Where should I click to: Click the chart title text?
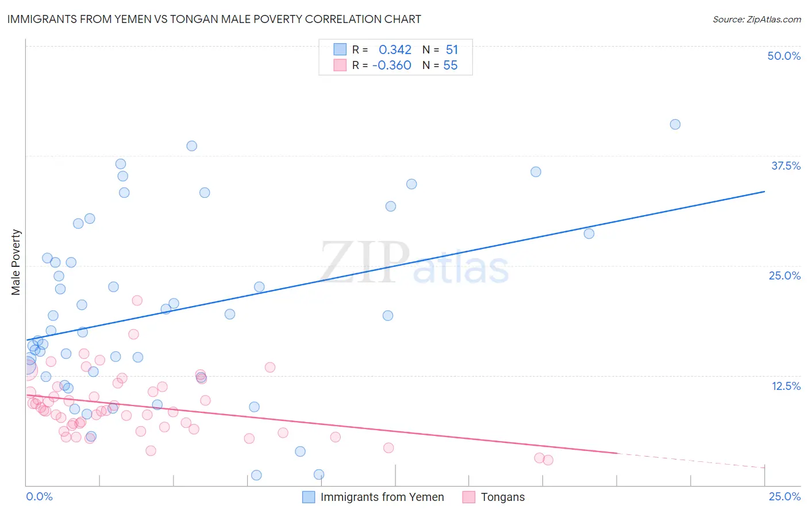pyautogui.click(x=214, y=19)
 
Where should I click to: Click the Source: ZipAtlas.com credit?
pyautogui.click(x=756, y=19)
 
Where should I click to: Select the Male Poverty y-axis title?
pyautogui.click(x=16, y=262)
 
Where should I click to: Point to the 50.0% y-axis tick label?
pyautogui.click(x=784, y=56)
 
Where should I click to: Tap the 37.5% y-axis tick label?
pyautogui.click(x=786, y=166)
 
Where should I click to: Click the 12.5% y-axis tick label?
pyautogui.click(x=786, y=386)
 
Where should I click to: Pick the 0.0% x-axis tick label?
pyautogui.click(x=39, y=496)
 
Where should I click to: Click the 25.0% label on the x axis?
pyautogui.click(x=784, y=496)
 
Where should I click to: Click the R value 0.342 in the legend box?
pyautogui.click(x=395, y=50)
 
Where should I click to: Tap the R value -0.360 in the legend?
pyautogui.click(x=392, y=66)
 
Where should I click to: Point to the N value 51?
pyautogui.click(x=452, y=50)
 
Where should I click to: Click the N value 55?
pyautogui.click(x=451, y=66)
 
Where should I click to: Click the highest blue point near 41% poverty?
pyautogui.click(x=675, y=124)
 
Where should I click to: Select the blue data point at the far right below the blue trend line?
pyautogui.click(x=589, y=233)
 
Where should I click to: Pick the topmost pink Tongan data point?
pyautogui.click(x=137, y=300)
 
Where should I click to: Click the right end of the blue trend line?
pyautogui.click(x=764, y=192)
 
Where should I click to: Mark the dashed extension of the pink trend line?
pyautogui.click(x=690, y=460)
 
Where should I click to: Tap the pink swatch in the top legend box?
pyautogui.click(x=340, y=65)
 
